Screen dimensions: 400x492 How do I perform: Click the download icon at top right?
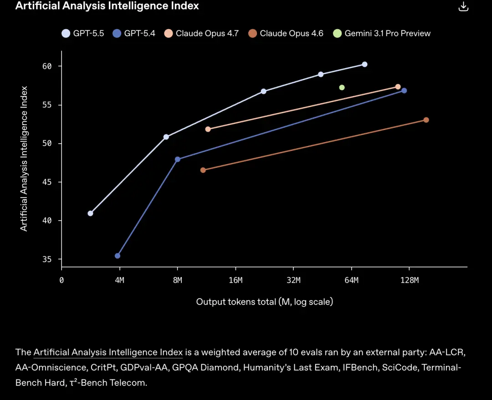click(x=463, y=6)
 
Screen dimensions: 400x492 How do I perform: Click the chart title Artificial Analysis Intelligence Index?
click(x=107, y=6)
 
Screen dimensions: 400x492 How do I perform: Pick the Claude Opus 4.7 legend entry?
click(x=202, y=33)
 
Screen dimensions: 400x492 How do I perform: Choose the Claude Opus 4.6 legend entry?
click(x=286, y=33)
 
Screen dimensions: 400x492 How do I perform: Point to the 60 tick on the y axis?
click(x=47, y=67)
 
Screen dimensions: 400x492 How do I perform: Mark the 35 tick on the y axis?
click(x=47, y=260)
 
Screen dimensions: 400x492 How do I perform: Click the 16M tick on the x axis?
click(x=236, y=281)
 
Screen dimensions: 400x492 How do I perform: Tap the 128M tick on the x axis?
click(x=410, y=281)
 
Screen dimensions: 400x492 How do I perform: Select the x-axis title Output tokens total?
click(x=264, y=302)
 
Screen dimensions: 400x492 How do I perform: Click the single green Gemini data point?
click(x=342, y=88)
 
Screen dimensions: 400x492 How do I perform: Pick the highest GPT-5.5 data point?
click(x=364, y=64)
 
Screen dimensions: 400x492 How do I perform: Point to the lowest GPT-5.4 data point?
click(x=118, y=256)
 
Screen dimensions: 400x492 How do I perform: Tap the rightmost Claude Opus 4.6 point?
click(x=426, y=120)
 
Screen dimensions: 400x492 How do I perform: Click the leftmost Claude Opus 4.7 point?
click(x=208, y=129)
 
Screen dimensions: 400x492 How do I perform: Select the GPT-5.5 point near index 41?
click(x=90, y=213)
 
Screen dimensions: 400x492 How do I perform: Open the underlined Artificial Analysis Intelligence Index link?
click(x=108, y=353)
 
